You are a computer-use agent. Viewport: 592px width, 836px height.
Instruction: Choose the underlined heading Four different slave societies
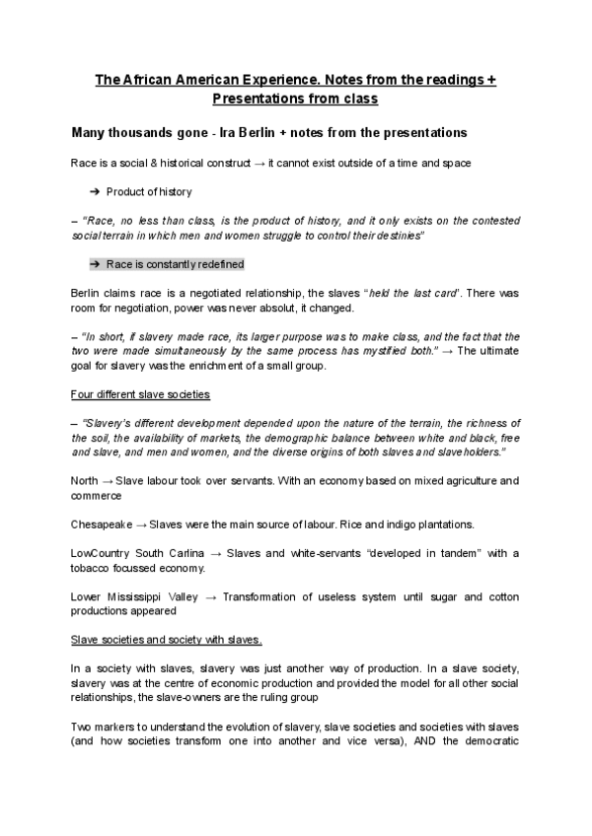(140, 394)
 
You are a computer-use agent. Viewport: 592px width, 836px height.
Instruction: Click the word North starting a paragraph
(86, 481)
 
